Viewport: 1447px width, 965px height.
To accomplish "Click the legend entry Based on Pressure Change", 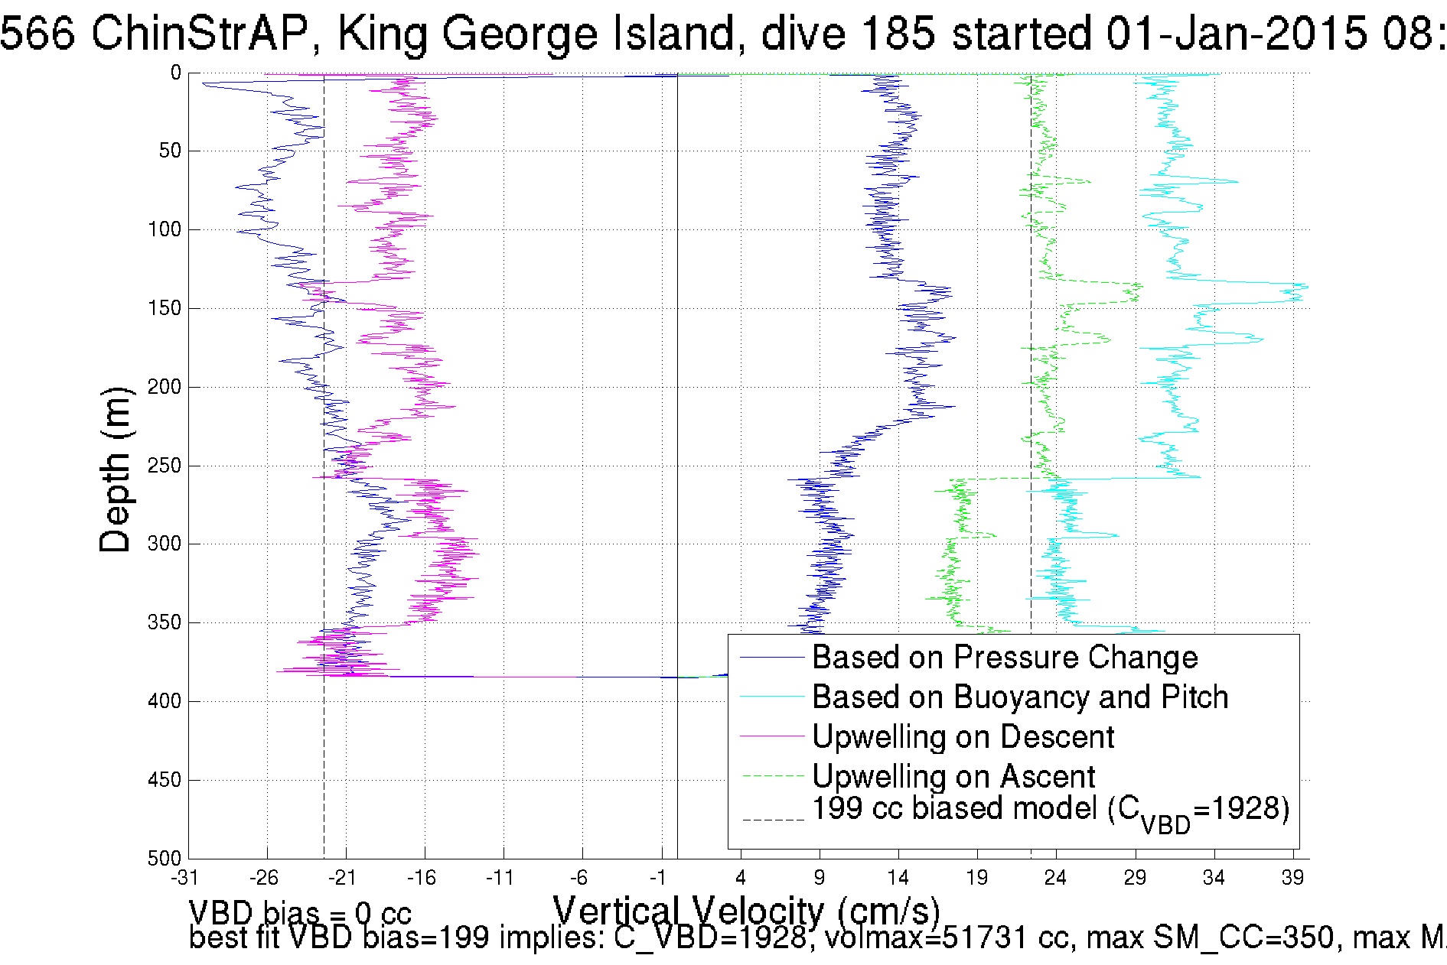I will click(x=1004, y=658).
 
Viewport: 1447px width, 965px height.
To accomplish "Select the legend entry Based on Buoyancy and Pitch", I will click(x=1019, y=697).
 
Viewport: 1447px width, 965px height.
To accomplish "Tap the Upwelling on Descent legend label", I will click(x=963, y=737).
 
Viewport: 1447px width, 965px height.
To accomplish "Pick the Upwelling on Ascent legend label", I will click(x=953, y=777).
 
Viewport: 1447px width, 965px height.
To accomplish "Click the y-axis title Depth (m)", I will click(x=116, y=470).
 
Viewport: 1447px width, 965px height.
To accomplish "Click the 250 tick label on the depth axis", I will click(x=165, y=466).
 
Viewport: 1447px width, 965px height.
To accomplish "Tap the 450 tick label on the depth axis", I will click(x=165, y=780).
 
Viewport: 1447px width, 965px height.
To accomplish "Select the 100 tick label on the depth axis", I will click(x=165, y=229).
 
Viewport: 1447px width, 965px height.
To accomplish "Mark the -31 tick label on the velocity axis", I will click(x=185, y=878).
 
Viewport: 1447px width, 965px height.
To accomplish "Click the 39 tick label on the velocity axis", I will click(x=1292, y=878).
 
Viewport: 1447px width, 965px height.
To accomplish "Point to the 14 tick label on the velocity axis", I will click(x=898, y=878).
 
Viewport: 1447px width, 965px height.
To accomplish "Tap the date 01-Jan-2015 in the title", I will click(x=1237, y=34).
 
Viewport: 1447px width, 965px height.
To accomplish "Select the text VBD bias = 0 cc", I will click(x=300, y=913).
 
